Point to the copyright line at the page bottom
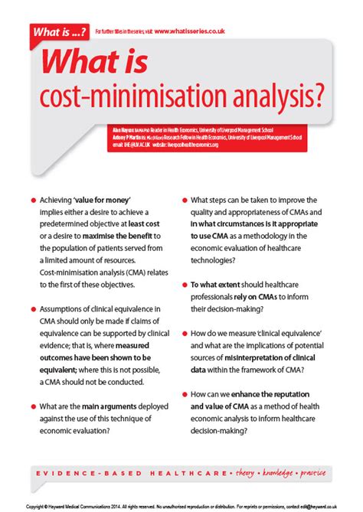click(x=181, y=507)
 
